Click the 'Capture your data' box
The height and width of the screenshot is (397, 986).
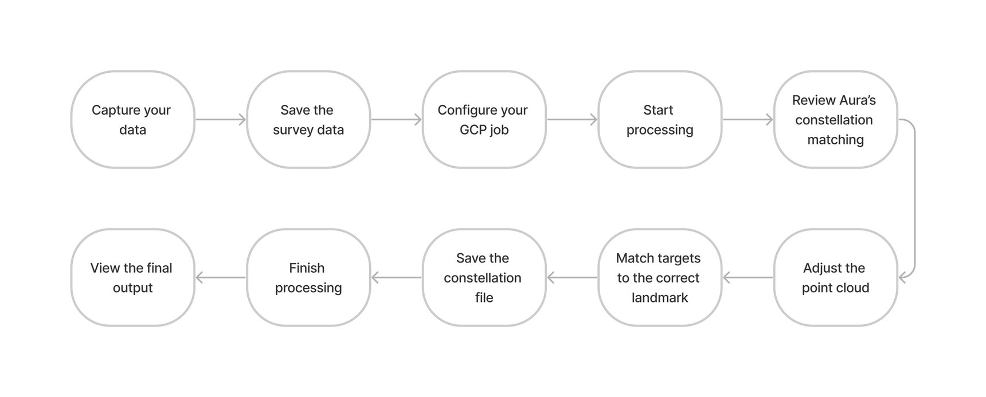(x=132, y=120)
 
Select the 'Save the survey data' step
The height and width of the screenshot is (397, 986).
(x=308, y=120)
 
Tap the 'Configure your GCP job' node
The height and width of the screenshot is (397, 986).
(x=484, y=120)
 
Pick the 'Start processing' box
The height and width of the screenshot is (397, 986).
(x=659, y=120)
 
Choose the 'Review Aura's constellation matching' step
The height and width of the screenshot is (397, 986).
(x=835, y=120)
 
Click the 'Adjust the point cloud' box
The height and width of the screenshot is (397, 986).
(x=835, y=278)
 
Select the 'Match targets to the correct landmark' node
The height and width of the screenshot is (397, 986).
(x=659, y=278)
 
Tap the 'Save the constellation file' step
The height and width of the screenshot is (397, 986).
(x=484, y=278)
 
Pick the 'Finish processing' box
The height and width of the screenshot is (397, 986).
(x=308, y=278)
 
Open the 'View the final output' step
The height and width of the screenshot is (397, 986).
(x=132, y=278)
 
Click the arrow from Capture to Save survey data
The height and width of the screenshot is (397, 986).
(x=221, y=120)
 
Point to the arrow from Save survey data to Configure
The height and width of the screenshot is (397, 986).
(x=396, y=120)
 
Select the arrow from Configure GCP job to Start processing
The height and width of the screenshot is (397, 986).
(x=572, y=120)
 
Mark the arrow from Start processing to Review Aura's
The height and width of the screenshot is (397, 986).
(x=748, y=120)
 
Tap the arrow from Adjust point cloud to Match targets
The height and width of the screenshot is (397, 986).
(x=748, y=278)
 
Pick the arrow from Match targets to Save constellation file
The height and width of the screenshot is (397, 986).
(x=572, y=278)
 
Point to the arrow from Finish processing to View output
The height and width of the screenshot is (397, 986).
(x=221, y=278)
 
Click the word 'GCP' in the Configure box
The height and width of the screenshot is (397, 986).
(x=472, y=130)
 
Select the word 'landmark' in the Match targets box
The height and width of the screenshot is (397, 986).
(x=659, y=298)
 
